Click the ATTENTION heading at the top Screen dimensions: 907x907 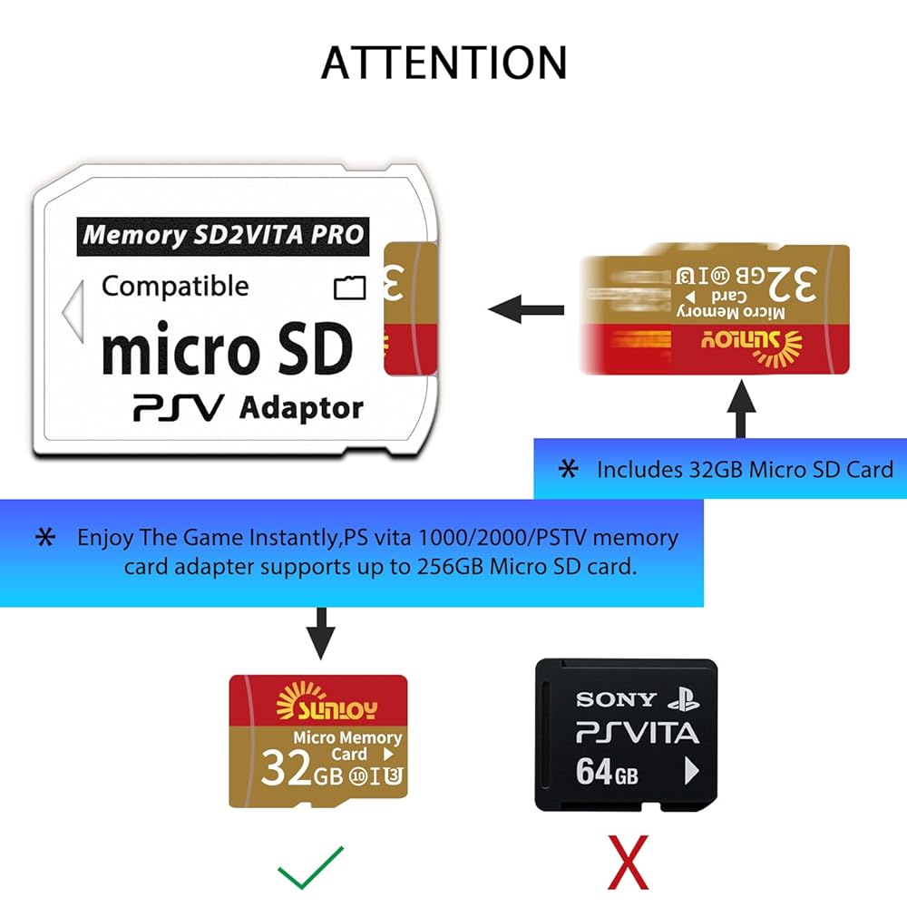pyautogui.click(x=444, y=62)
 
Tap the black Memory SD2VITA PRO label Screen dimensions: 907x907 pyautogui.click(x=223, y=235)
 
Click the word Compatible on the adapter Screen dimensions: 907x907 pyautogui.click(x=175, y=287)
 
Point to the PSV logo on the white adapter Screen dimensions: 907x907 pyautogui.click(x=178, y=408)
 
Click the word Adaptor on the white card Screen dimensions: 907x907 pyautogui.click(x=301, y=408)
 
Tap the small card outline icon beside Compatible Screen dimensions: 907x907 pyautogui.click(x=350, y=288)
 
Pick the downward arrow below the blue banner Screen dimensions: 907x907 pyautogui.click(x=319, y=633)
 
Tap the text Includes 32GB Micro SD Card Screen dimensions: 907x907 pyautogui.click(x=745, y=469)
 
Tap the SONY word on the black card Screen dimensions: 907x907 pyautogui.click(x=616, y=699)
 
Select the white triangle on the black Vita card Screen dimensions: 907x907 pyautogui.click(x=691, y=772)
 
